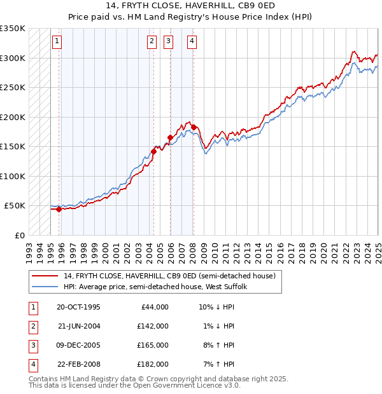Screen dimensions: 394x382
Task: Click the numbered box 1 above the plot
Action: [57, 42]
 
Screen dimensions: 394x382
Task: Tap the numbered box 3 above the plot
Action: [169, 42]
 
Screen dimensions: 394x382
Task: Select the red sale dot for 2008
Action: [194, 127]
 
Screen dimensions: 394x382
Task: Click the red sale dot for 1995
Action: [59, 209]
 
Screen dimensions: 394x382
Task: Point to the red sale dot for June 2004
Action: [153, 151]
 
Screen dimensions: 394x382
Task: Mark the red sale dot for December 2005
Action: [170, 137]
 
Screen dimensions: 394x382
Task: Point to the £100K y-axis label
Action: [13, 176]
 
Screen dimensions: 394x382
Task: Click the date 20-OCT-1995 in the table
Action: [78, 307]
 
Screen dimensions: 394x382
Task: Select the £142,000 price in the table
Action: [152, 326]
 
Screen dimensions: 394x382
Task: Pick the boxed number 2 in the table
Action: [32, 326]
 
